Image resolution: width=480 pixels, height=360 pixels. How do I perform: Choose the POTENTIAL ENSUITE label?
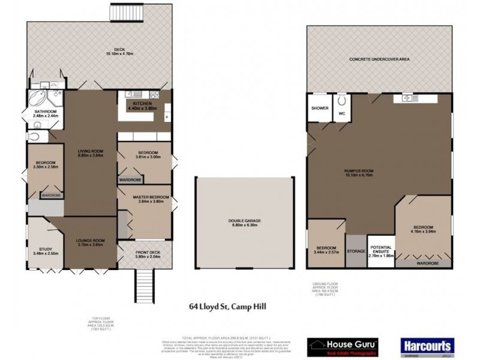pyautogui.click(x=380, y=250)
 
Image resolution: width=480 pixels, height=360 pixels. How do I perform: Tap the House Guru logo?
pyautogui.click(x=342, y=345)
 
